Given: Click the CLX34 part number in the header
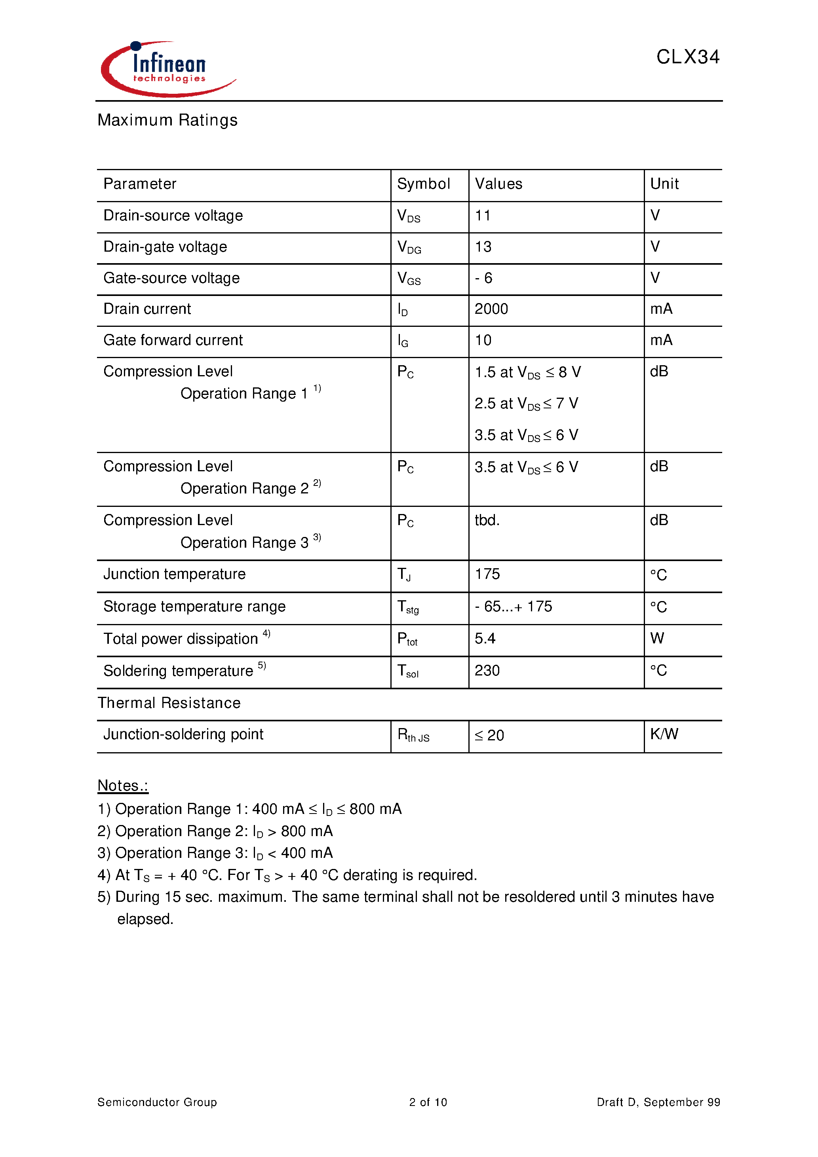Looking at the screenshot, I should click(x=687, y=57).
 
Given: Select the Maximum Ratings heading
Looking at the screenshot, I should click(x=167, y=120).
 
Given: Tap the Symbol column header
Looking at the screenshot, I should click(x=423, y=184).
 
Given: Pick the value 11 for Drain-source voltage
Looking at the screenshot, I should click(x=483, y=216).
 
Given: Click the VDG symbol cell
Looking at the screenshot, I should click(x=409, y=247).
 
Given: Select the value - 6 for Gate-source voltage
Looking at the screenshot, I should click(x=483, y=278).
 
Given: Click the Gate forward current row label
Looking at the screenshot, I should click(x=173, y=340).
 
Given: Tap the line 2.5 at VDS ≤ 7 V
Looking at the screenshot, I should click(x=526, y=404).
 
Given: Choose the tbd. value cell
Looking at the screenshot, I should click(x=487, y=520).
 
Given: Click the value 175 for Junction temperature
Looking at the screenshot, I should click(x=487, y=574).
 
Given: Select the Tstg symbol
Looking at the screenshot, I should click(x=408, y=607).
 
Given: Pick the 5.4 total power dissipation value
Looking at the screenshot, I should click(x=485, y=639).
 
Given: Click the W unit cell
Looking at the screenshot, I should click(x=656, y=639).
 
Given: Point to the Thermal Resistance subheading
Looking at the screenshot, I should click(x=169, y=703).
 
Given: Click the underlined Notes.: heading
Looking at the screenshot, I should click(x=123, y=785).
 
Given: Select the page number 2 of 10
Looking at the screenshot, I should click(x=428, y=1102).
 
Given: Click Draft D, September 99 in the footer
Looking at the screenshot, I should click(x=658, y=1102).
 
